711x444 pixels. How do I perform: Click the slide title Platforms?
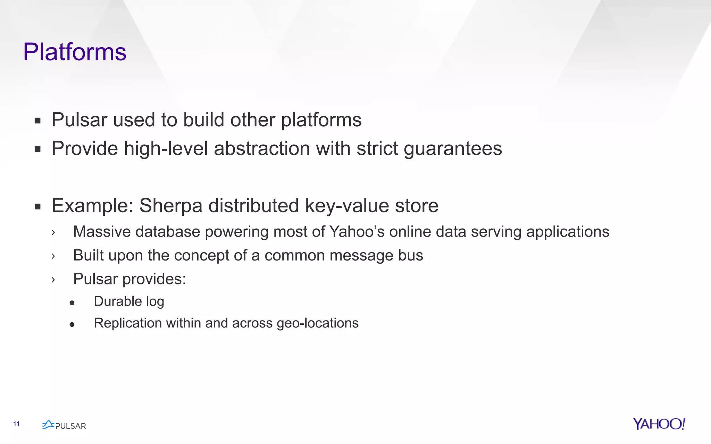click(x=75, y=52)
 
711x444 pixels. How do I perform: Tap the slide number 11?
click(x=16, y=424)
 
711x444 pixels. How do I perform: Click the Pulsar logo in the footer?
click(x=64, y=425)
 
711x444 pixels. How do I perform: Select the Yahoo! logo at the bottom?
click(x=659, y=424)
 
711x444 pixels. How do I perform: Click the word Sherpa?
click(x=170, y=206)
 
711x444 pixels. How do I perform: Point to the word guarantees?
click(x=453, y=149)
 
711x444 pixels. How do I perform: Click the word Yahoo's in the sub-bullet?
click(x=357, y=232)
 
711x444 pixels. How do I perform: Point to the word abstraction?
click(x=262, y=149)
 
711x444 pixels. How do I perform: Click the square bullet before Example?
click(x=38, y=207)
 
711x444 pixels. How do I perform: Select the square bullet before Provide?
click(x=38, y=150)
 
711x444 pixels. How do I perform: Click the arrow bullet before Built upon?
click(x=53, y=256)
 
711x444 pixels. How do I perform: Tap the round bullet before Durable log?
click(x=72, y=303)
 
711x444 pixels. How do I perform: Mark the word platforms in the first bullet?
click(x=321, y=120)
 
